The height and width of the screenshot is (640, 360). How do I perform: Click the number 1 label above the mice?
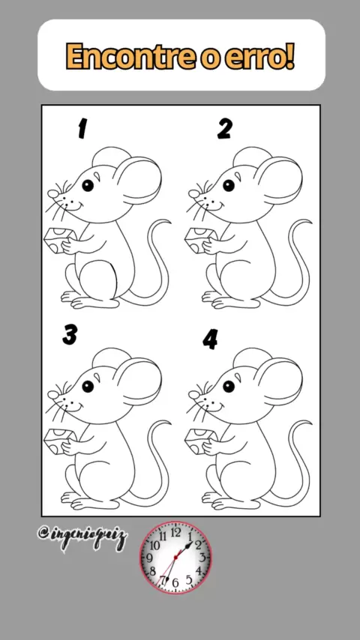point(82,128)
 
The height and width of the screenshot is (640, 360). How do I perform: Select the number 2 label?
point(224,129)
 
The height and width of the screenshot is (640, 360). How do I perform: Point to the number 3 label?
point(70,336)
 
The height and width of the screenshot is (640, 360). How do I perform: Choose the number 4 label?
point(210,339)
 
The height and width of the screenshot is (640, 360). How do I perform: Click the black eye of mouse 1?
point(88,185)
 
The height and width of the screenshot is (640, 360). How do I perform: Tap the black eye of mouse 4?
point(229,386)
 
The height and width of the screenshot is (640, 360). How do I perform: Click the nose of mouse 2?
point(194,194)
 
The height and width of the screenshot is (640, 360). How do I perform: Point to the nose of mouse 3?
point(53,395)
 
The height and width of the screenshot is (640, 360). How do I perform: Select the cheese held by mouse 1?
point(58,240)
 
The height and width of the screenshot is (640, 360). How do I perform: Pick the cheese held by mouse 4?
point(199,441)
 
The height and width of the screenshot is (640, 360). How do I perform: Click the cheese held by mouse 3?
point(58,441)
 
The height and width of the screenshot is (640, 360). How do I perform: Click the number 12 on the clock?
point(175,532)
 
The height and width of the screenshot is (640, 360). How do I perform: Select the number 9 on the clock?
point(149,558)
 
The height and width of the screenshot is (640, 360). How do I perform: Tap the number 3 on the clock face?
point(202,557)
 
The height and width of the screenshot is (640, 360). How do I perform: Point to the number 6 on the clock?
point(175,582)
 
